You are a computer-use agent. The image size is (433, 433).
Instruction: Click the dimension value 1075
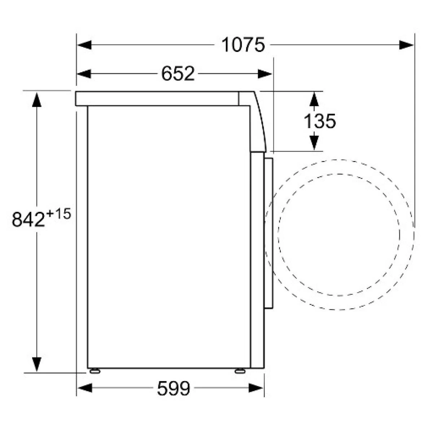(243, 45)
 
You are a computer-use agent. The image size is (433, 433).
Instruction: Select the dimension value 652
(178, 74)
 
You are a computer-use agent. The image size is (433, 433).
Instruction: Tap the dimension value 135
(320, 121)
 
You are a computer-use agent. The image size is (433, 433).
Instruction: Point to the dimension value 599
(174, 388)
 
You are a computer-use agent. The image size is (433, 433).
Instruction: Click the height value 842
(28, 219)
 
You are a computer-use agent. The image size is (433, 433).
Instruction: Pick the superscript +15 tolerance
(58, 214)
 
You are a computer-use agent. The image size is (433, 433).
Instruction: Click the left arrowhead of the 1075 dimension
(84, 45)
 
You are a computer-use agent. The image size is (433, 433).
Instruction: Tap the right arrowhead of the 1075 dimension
(407, 45)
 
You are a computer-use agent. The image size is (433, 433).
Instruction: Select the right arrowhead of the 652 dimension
(265, 74)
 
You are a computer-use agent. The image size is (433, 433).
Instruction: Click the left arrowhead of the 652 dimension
(84, 74)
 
